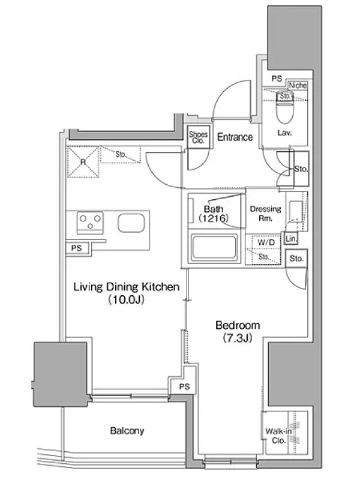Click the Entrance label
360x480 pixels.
(x=235, y=137)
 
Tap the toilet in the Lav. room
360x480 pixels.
(x=284, y=107)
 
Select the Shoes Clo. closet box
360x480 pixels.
(x=199, y=137)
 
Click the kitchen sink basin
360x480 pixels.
(x=131, y=223)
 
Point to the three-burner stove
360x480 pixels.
(x=90, y=223)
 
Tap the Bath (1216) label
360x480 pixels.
(x=214, y=214)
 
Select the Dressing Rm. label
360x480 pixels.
(x=265, y=214)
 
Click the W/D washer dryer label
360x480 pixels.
(x=266, y=242)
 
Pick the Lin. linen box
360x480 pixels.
(x=291, y=238)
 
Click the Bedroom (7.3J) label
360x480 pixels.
(x=238, y=331)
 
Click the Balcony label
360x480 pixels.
(x=127, y=431)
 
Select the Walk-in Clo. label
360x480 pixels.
(x=278, y=436)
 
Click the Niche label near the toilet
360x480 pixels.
(x=298, y=85)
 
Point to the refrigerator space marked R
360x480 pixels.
(x=83, y=162)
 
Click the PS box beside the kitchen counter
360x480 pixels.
(x=77, y=248)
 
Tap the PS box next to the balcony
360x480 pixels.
(x=184, y=386)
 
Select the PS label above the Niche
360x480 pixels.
(x=277, y=79)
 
